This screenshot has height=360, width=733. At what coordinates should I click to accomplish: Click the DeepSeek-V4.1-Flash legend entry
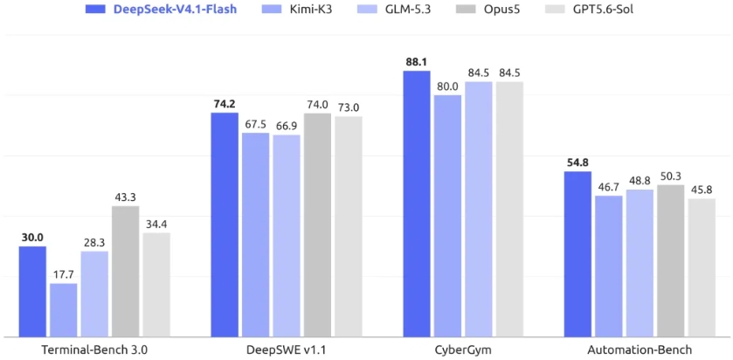161,9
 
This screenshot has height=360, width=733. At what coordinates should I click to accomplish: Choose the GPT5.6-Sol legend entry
594,9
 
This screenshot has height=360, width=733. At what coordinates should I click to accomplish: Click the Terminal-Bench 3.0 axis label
95,350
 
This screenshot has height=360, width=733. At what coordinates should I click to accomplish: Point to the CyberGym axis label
463,350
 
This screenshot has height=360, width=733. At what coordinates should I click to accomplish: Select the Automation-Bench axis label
640,350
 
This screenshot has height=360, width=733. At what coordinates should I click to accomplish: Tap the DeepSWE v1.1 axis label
286,350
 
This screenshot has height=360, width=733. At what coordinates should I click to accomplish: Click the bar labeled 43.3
125,271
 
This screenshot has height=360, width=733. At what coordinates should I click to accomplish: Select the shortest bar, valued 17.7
64,310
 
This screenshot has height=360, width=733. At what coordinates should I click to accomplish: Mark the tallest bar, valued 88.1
417,204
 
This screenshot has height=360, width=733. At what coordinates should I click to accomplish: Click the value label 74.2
225,104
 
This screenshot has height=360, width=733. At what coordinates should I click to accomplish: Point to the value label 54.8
577,163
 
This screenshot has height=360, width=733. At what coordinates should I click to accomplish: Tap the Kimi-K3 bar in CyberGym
447,216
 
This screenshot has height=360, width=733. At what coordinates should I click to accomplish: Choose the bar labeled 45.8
702,267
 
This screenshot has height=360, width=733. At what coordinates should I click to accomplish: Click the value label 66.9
286,126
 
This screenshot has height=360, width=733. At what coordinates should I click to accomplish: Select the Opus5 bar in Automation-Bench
670,261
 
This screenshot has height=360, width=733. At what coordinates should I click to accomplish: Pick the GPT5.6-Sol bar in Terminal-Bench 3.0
156,285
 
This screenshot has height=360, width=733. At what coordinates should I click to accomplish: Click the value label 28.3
94,242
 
